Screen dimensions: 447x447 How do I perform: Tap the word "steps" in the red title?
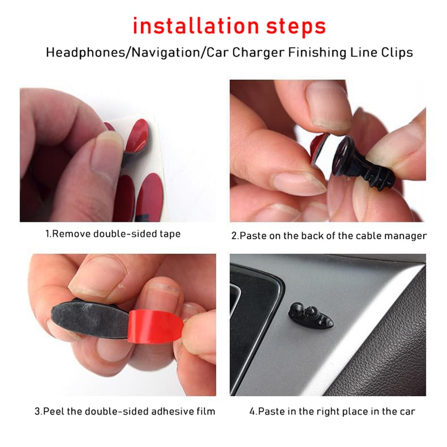[293, 26]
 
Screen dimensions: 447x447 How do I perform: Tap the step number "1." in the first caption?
[49, 234]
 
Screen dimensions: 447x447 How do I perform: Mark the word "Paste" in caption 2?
[252, 236]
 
